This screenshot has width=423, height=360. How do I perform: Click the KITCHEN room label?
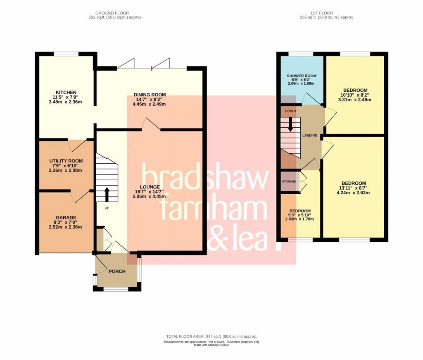67,92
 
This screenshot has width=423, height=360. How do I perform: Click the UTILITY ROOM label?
66,161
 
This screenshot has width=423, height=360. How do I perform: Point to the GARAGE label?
66,217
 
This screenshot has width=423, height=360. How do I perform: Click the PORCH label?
117,271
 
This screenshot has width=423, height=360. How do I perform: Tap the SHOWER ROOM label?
301,76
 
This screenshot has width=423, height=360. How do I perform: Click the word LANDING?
310,136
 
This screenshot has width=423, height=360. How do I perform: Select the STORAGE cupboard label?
289,181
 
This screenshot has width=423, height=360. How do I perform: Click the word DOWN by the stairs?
290,111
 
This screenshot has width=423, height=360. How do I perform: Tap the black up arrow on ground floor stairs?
107,193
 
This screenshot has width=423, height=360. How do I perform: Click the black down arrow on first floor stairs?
290,124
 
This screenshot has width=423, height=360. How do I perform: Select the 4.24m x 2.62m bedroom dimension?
354,193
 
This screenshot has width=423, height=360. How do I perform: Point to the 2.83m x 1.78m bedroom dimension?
299,219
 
